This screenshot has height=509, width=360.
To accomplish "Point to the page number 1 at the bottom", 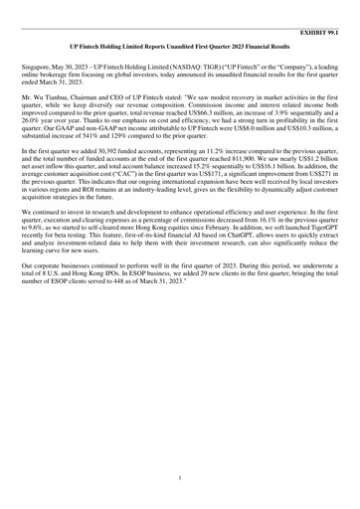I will click(179, 479).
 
